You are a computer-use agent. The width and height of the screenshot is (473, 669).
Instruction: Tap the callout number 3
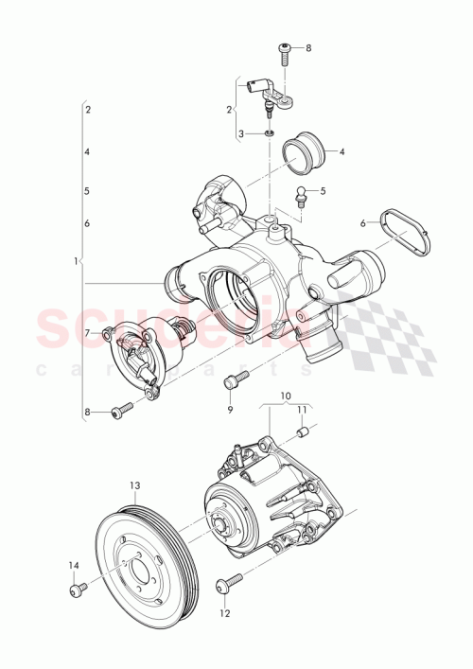240,134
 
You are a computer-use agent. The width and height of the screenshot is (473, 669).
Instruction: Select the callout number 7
86,333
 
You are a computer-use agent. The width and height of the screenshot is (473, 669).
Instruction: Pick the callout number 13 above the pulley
134,484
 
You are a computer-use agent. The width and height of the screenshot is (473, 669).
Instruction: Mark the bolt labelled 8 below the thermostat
119,413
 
